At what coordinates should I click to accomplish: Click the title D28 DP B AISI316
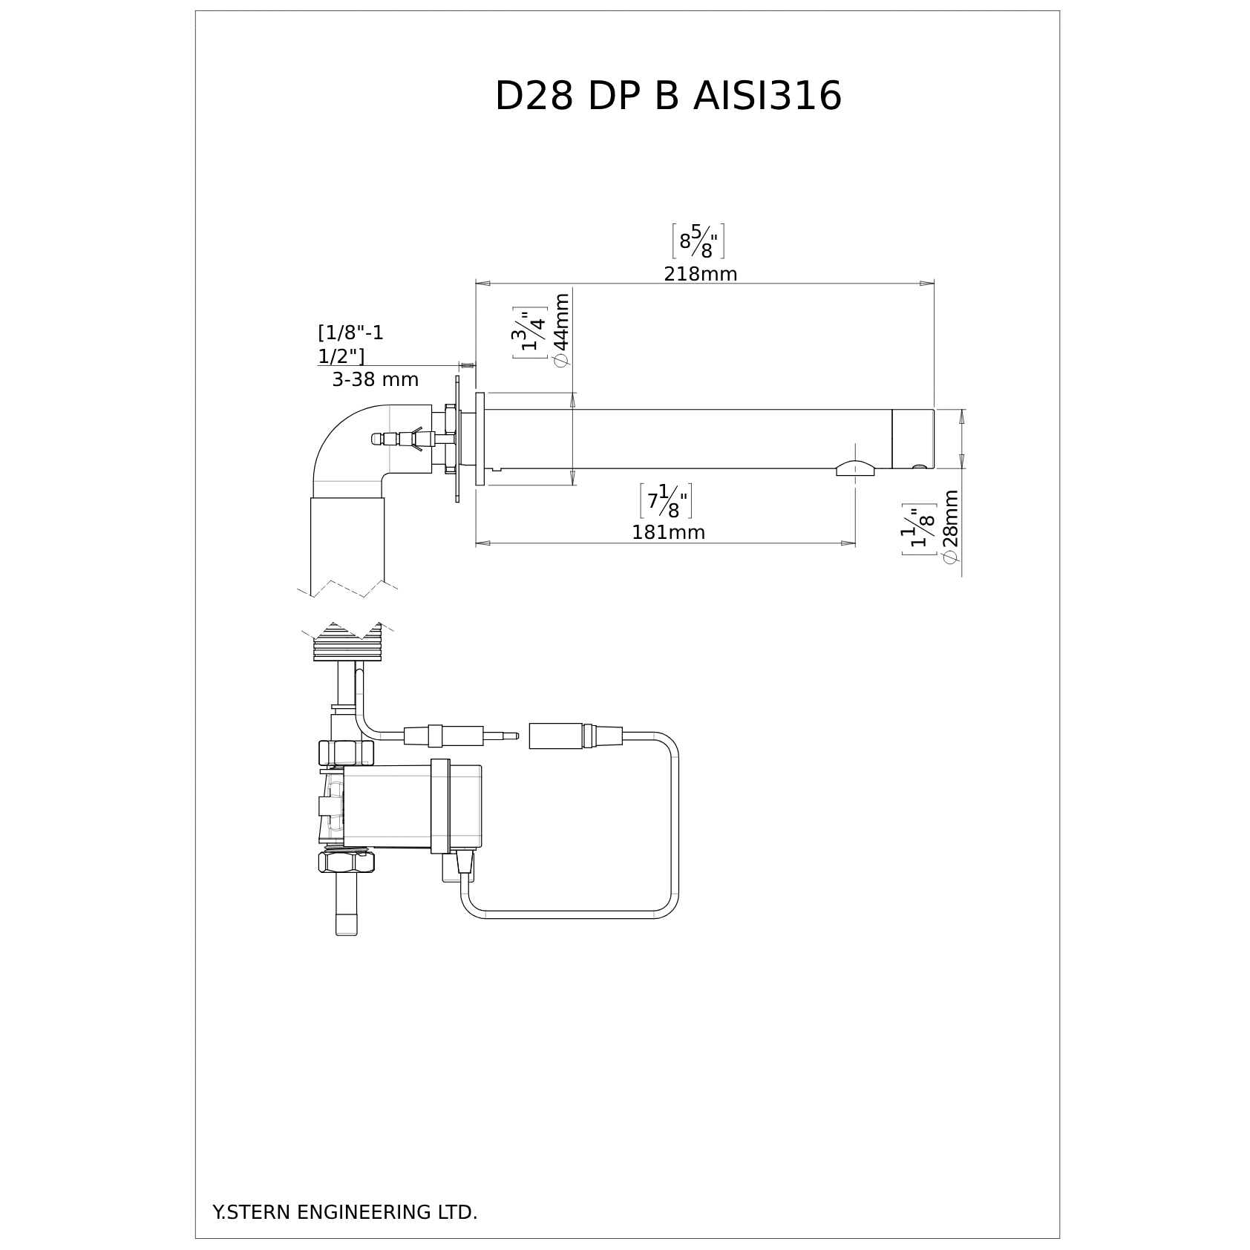tap(668, 96)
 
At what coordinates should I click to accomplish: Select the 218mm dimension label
tap(700, 274)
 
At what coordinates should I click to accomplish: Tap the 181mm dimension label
tap(668, 532)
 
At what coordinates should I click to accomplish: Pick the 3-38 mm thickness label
tap(375, 380)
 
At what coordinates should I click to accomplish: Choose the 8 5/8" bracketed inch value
tap(698, 241)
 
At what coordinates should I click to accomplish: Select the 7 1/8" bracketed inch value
tap(666, 501)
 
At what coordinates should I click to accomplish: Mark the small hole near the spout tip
tap(919, 466)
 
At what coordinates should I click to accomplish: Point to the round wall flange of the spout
tap(480, 439)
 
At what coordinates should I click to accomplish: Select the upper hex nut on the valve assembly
tap(346, 753)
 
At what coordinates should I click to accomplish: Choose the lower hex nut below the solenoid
tap(346, 861)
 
